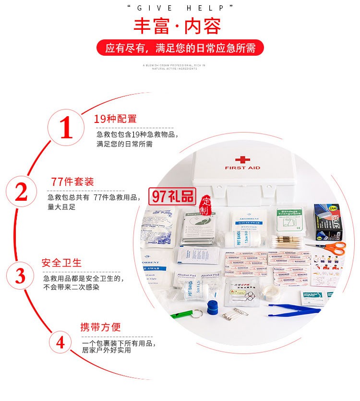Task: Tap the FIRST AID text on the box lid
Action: coord(242,168)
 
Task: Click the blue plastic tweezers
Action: coord(293,309)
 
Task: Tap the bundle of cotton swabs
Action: coord(287,241)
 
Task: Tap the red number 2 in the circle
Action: coord(21,193)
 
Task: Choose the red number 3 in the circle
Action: coord(21,276)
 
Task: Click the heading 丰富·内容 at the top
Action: coord(178,26)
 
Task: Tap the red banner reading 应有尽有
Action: coord(180,48)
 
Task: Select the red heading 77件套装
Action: coord(72,182)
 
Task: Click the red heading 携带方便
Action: coord(100,328)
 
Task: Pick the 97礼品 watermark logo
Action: coord(173,195)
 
